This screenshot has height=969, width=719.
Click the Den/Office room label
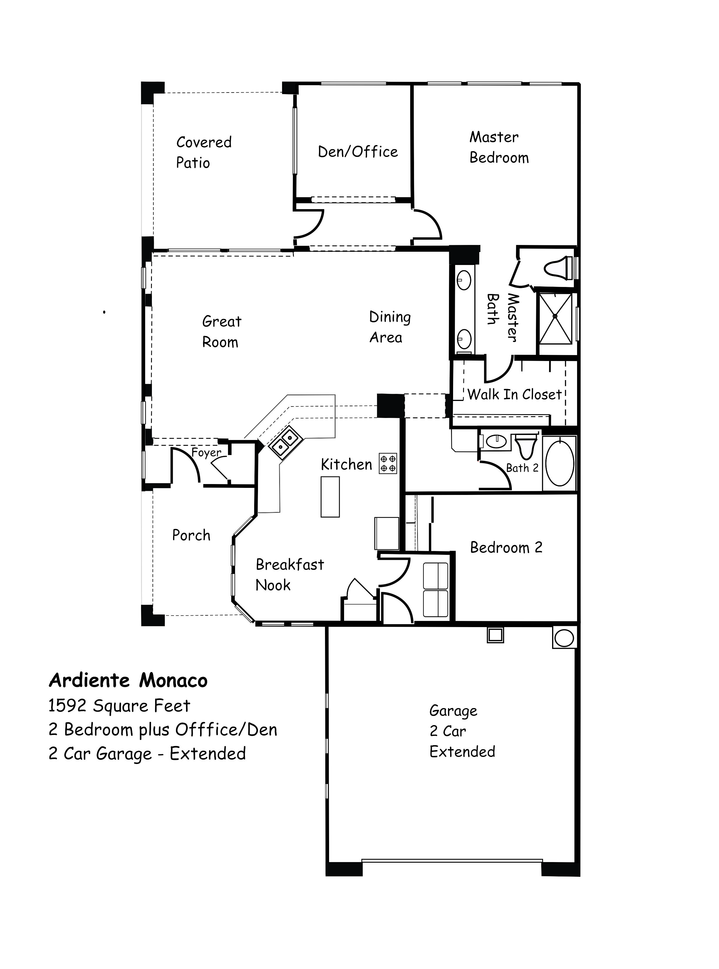(x=358, y=152)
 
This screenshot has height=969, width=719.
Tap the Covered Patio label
(x=203, y=152)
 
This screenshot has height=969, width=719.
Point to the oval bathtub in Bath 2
(x=560, y=464)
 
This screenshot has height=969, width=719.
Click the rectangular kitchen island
(x=330, y=496)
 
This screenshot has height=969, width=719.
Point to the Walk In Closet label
(x=514, y=395)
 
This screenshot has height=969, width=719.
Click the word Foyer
(x=206, y=453)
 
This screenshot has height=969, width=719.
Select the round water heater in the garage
(x=564, y=638)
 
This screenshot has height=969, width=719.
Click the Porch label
(x=191, y=535)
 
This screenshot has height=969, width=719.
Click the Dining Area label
(x=390, y=327)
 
